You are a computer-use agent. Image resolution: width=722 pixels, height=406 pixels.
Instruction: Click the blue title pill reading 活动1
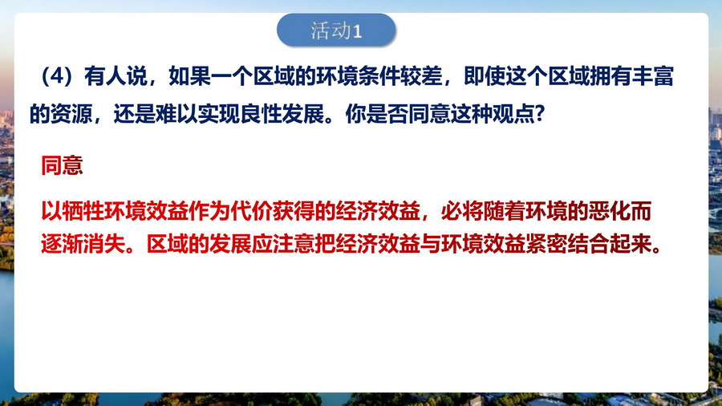[x=336, y=30]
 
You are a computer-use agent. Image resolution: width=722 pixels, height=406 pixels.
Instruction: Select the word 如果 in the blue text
[x=189, y=76]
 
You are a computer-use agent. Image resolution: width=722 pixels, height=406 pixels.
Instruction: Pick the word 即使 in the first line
[x=485, y=76]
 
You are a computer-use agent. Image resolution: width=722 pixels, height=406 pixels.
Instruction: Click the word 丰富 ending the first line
[x=654, y=76]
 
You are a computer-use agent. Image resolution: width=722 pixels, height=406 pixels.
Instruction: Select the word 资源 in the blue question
[x=71, y=114]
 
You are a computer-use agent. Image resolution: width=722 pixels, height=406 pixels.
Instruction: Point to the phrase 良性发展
[x=282, y=114]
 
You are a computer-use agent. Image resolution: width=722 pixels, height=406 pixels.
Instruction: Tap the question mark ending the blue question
[x=540, y=114]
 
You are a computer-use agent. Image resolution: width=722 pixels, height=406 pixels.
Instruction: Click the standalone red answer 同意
[x=62, y=165]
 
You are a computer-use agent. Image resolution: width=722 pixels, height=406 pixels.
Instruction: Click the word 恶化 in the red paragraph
[x=609, y=211]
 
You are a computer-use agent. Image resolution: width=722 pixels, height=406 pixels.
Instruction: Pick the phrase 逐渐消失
[x=83, y=244]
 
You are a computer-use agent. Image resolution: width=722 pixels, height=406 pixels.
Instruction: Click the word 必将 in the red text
[x=462, y=211]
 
